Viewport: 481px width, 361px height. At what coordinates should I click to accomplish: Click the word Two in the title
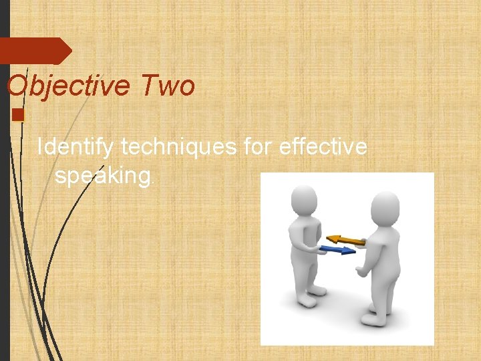point(168,86)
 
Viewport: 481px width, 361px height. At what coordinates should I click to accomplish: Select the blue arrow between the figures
point(337,251)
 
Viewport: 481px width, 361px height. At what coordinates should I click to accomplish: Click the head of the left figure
point(305,199)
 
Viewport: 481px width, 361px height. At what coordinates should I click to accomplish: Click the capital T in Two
point(150,86)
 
